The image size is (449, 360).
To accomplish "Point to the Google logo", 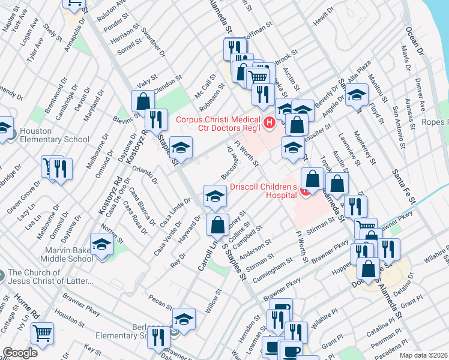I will (x=20, y=353).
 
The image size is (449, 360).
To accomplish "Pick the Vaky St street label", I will (x=147, y=78).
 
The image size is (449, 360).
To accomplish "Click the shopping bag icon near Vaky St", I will (x=143, y=101).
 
